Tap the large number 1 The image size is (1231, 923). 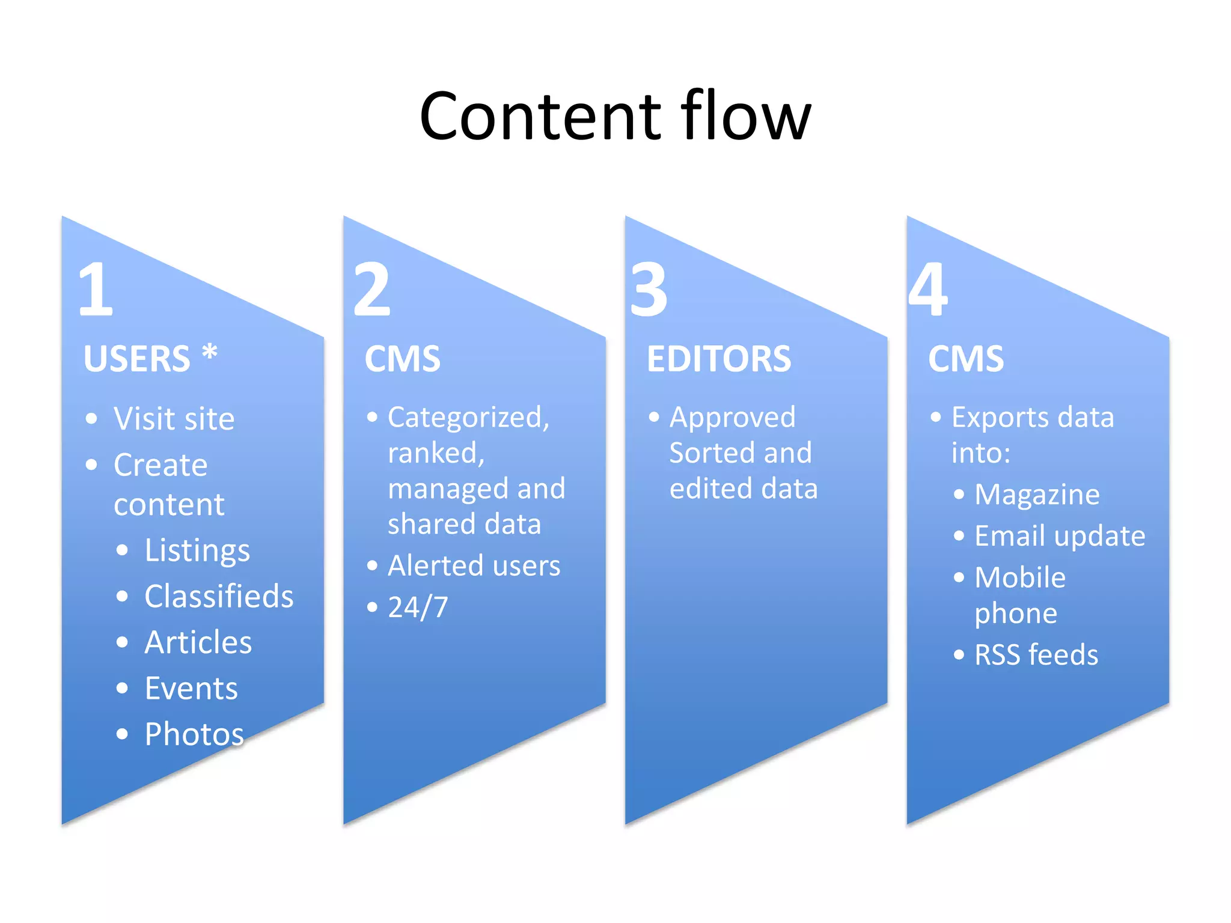[96, 290]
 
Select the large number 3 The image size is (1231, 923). [649, 290]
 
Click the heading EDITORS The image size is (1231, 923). [719, 359]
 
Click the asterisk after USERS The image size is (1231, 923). [209, 353]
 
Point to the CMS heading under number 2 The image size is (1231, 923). [402, 359]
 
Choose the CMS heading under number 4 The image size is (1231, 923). [965, 359]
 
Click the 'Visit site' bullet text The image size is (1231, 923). [174, 418]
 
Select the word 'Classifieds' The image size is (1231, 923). [219, 596]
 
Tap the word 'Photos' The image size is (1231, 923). [194, 734]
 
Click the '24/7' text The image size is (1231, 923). [418, 607]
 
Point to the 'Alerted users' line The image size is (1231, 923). [474, 565]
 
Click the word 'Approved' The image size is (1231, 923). [732, 417]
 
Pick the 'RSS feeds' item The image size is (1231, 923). [1036, 654]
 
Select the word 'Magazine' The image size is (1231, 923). [1037, 495]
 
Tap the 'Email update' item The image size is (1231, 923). [1060, 535]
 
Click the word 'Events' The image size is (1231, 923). [191, 688]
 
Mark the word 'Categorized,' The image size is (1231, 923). [468, 417]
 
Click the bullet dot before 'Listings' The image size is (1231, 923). [123, 550]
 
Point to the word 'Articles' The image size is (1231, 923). [198, 642]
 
